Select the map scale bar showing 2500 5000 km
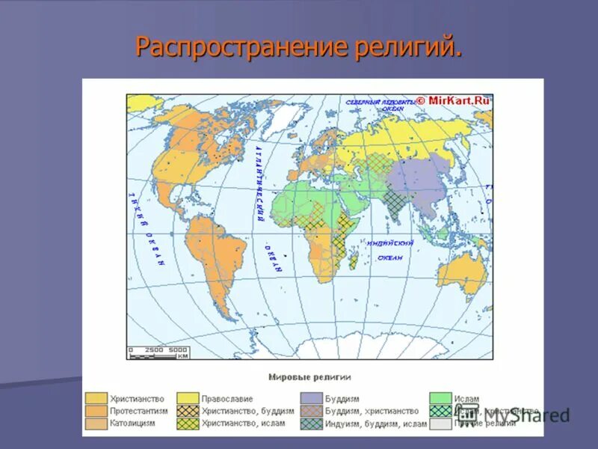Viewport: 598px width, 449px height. (x=158, y=352)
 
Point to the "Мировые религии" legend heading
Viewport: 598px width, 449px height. (x=309, y=376)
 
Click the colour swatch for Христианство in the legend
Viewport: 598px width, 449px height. (x=96, y=399)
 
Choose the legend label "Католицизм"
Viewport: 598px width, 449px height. (x=132, y=423)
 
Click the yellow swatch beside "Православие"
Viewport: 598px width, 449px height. (x=188, y=399)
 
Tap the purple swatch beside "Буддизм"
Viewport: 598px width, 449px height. (x=311, y=399)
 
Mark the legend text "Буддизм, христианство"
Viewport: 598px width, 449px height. (x=372, y=411)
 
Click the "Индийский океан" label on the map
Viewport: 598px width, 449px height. (x=389, y=250)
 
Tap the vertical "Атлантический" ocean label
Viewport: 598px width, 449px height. (x=259, y=183)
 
